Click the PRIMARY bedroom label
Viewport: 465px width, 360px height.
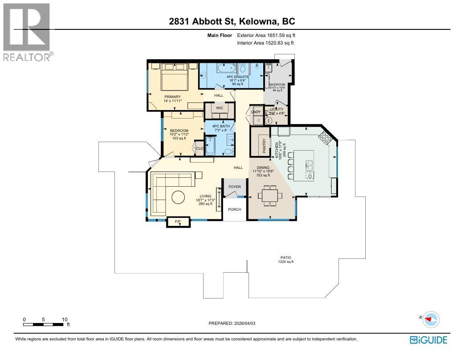pyautogui.click(x=172, y=97)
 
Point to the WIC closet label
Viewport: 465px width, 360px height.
pyautogui.click(x=219, y=108)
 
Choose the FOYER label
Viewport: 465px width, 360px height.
pyautogui.click(x=235, y=187)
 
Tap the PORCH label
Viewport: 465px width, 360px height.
pyautogui.click(x=234, y=209)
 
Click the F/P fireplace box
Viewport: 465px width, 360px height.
pyautogui.click(x=177, y=221)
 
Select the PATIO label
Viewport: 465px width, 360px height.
pyautogui.click(x=286, y=258)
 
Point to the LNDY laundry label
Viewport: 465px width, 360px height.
pyautogui.click(x=256, y=112)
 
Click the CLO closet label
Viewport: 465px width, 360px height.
pyautogui.click(x=200, y=148)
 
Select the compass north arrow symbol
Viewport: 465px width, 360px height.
pyautogui.click(x=430, y=319)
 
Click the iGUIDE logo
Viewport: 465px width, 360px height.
pyautogui.click(x=428, y=340)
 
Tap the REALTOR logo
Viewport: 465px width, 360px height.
pyautogui.click(x=27, y=32)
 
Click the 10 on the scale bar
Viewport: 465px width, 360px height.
pyautogui.click(x=65, y=319)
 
